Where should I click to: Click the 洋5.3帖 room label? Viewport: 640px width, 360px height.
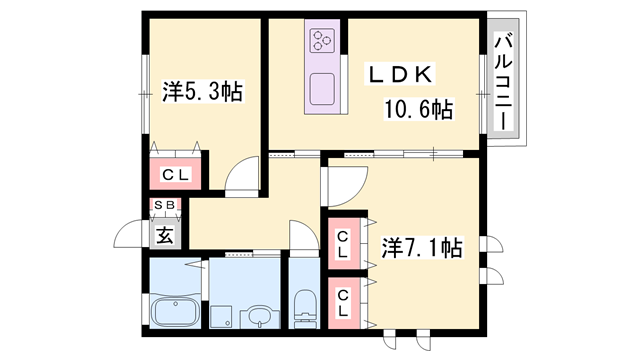(203, 92)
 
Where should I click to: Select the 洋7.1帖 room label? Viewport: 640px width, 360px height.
(421, 247)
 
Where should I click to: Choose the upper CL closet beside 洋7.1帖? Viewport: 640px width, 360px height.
(342, 243)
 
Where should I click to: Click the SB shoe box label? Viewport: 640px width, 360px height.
(163, 207)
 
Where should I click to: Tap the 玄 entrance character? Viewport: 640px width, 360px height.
(163, 236)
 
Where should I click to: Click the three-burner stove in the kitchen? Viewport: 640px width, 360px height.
(323, 40)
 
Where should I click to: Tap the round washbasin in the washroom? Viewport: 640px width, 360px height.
(259, 318)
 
